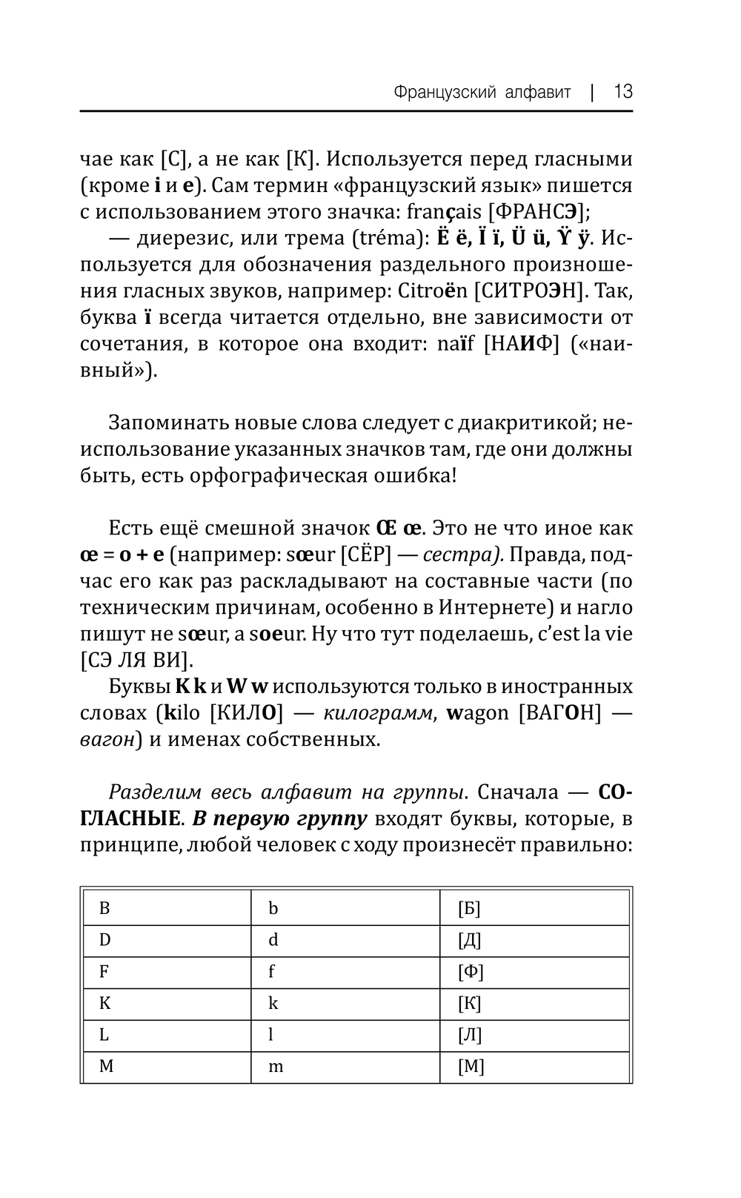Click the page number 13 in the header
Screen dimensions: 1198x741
[x=622, y=92]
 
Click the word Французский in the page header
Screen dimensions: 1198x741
[x=438, y=93]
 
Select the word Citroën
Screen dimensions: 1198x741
[x=431, y=291]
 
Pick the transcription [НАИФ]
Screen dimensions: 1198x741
[x=521, y=345]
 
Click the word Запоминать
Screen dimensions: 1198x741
[x=168, y=423]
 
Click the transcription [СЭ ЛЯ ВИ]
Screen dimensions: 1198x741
[x=136, y=661]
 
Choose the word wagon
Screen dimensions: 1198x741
[x=477, y=713]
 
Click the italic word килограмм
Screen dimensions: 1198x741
[x=378, y=713]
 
